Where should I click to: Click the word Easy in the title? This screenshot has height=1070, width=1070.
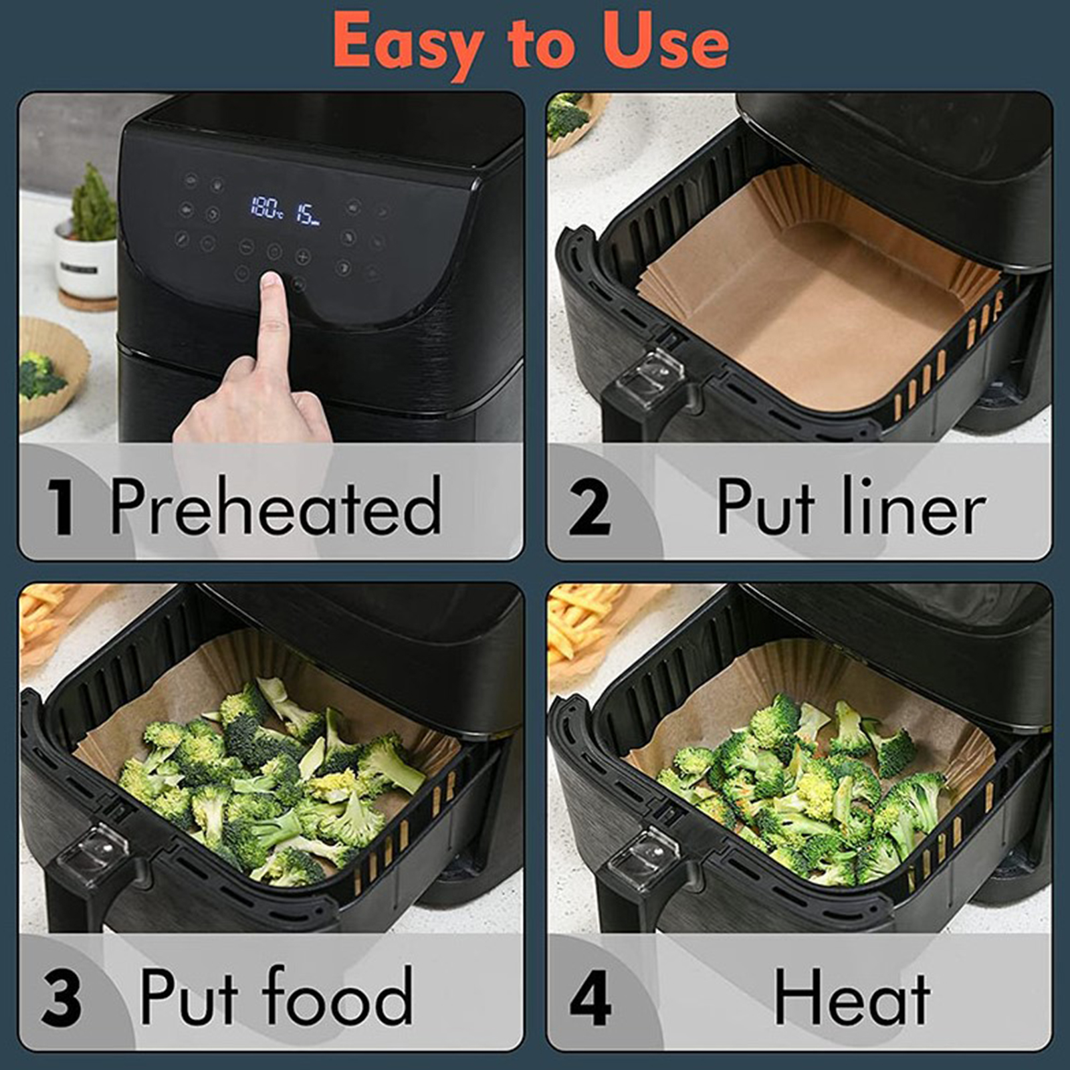click(409, 44)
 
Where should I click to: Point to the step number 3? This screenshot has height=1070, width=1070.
click(61, 998)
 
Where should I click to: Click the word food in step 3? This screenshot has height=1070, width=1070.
click(338, 994)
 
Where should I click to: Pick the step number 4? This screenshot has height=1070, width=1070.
click(590, 998)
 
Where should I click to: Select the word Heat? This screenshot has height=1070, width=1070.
click(852, 996)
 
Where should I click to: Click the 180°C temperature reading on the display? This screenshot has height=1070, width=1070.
click(266, 208)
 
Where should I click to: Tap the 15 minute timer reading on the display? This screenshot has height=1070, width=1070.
click(308, 214)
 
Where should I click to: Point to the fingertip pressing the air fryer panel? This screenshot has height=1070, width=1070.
click(271, 281)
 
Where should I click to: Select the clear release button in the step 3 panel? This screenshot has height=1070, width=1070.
click(92, 854)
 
